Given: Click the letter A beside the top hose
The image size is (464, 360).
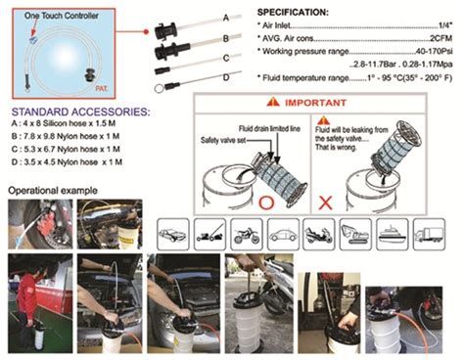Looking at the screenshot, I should coord(225,18).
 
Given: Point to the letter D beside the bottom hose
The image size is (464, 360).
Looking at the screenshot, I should coord(225,76).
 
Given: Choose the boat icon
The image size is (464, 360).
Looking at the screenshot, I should coord(390,232).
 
